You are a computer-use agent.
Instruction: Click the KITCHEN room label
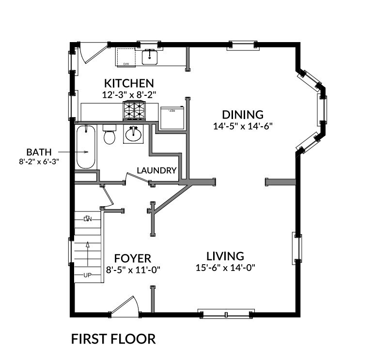pyautogui.click(x=128, y=83)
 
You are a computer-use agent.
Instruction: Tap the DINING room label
pyautogui.click(x=242, y=115)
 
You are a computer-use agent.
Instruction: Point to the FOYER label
pyautogui.click(x=133, y=258)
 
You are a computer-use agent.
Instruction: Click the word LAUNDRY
pyautogui.click(x=156, y=170)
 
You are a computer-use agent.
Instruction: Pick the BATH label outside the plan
pyautogui.click(x=38, y=151)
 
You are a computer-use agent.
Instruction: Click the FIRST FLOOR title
pyautogui.click(x=113, y=339)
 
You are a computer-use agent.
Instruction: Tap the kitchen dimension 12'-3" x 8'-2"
pyautogui.click(x=128, y=95)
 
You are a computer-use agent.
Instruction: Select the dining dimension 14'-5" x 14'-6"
pyautogui.click(x=242, y=126)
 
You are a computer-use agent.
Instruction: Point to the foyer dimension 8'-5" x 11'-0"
pyautogui.click(x=133, y=270)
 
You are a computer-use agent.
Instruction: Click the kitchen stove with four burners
pyautogui.click(x=135, y=111)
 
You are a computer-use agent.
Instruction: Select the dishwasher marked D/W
pyautogui.click(x=125, y=58)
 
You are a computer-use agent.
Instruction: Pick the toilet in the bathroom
pyautogui.click(x=109, y=135)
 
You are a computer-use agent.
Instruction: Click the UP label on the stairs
pyautogui.click(x=88, y=275)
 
